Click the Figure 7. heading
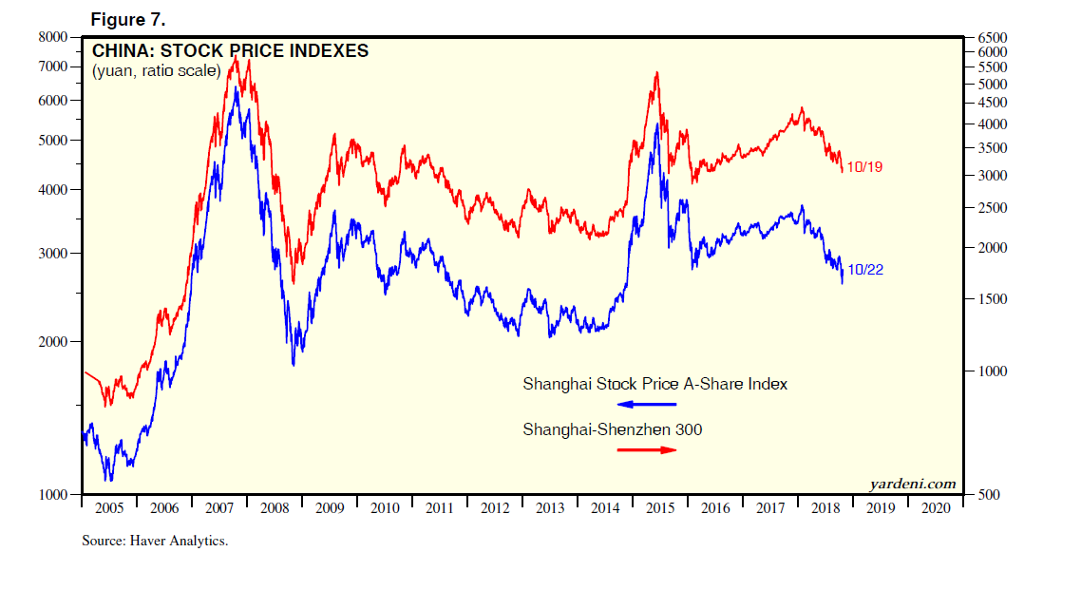128,20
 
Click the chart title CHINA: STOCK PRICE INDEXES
230,51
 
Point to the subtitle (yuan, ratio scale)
156,71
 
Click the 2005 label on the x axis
109,508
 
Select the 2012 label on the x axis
495,508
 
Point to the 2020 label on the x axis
936,508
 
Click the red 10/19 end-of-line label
864,167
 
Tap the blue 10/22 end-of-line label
865,270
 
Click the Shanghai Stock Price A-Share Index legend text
654,385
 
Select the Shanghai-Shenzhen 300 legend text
613,430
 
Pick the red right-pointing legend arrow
647,449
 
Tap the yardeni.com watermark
913,484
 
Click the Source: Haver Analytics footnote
155,541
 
